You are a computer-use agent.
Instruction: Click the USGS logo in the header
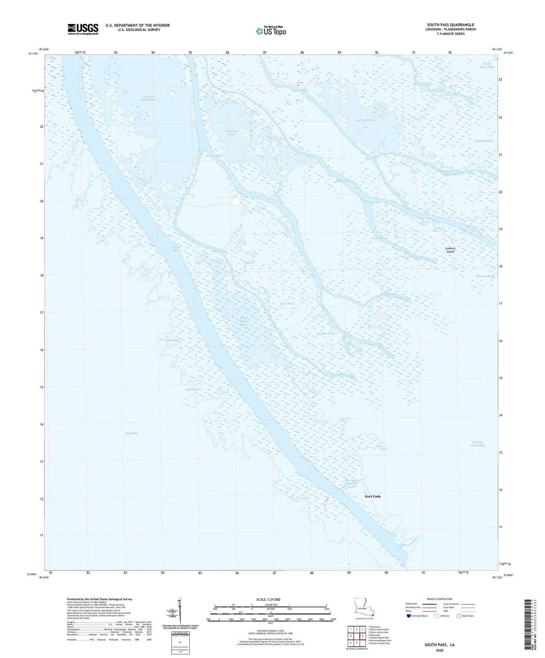83,29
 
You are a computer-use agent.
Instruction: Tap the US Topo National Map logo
271,31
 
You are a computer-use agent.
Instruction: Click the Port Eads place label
373,496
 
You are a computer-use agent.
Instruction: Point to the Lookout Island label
450,250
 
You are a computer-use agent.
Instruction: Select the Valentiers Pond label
231,132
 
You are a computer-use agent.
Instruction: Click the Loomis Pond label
364,120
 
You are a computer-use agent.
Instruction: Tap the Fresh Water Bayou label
243,322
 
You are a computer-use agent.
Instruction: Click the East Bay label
132,433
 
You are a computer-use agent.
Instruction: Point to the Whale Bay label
172,340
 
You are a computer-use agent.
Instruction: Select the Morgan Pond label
325,334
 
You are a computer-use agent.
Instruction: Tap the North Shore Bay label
486,65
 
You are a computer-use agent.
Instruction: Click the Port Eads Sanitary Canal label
351,483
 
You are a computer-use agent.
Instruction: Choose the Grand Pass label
194,389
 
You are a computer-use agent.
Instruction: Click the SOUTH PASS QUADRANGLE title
451,25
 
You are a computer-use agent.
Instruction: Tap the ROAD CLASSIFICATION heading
440,599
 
